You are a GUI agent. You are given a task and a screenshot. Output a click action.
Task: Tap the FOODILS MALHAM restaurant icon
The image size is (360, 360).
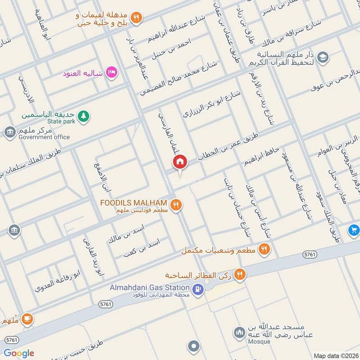click(x=176, y=205)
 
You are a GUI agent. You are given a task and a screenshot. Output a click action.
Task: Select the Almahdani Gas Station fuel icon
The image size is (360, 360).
click(x=197, y=291)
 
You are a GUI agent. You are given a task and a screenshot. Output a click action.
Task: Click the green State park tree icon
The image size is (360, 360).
click(x=83, y=117)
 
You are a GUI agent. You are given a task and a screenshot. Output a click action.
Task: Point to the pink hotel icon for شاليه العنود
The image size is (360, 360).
click(x=112, y=72)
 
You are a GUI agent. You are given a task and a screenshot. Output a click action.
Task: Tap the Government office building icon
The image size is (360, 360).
click(x=9, y=132)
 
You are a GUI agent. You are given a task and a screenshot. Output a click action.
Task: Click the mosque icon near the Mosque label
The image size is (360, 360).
click(x=238, y=333)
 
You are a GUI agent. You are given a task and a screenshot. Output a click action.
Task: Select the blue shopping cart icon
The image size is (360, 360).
click(x=354, y=230)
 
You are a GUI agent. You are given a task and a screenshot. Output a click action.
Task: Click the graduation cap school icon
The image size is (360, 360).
click(x=322, y=57)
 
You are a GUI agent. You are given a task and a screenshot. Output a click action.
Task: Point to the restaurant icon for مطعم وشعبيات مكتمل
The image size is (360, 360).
click(x=265, y=248)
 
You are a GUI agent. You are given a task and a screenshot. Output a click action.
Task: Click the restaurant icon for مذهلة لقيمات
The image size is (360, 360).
click(x=137, y=18)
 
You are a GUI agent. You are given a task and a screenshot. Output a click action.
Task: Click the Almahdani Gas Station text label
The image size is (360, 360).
click(x=149, y=288)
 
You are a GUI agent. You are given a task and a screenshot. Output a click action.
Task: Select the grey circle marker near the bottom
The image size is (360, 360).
click(x=194, y=346)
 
